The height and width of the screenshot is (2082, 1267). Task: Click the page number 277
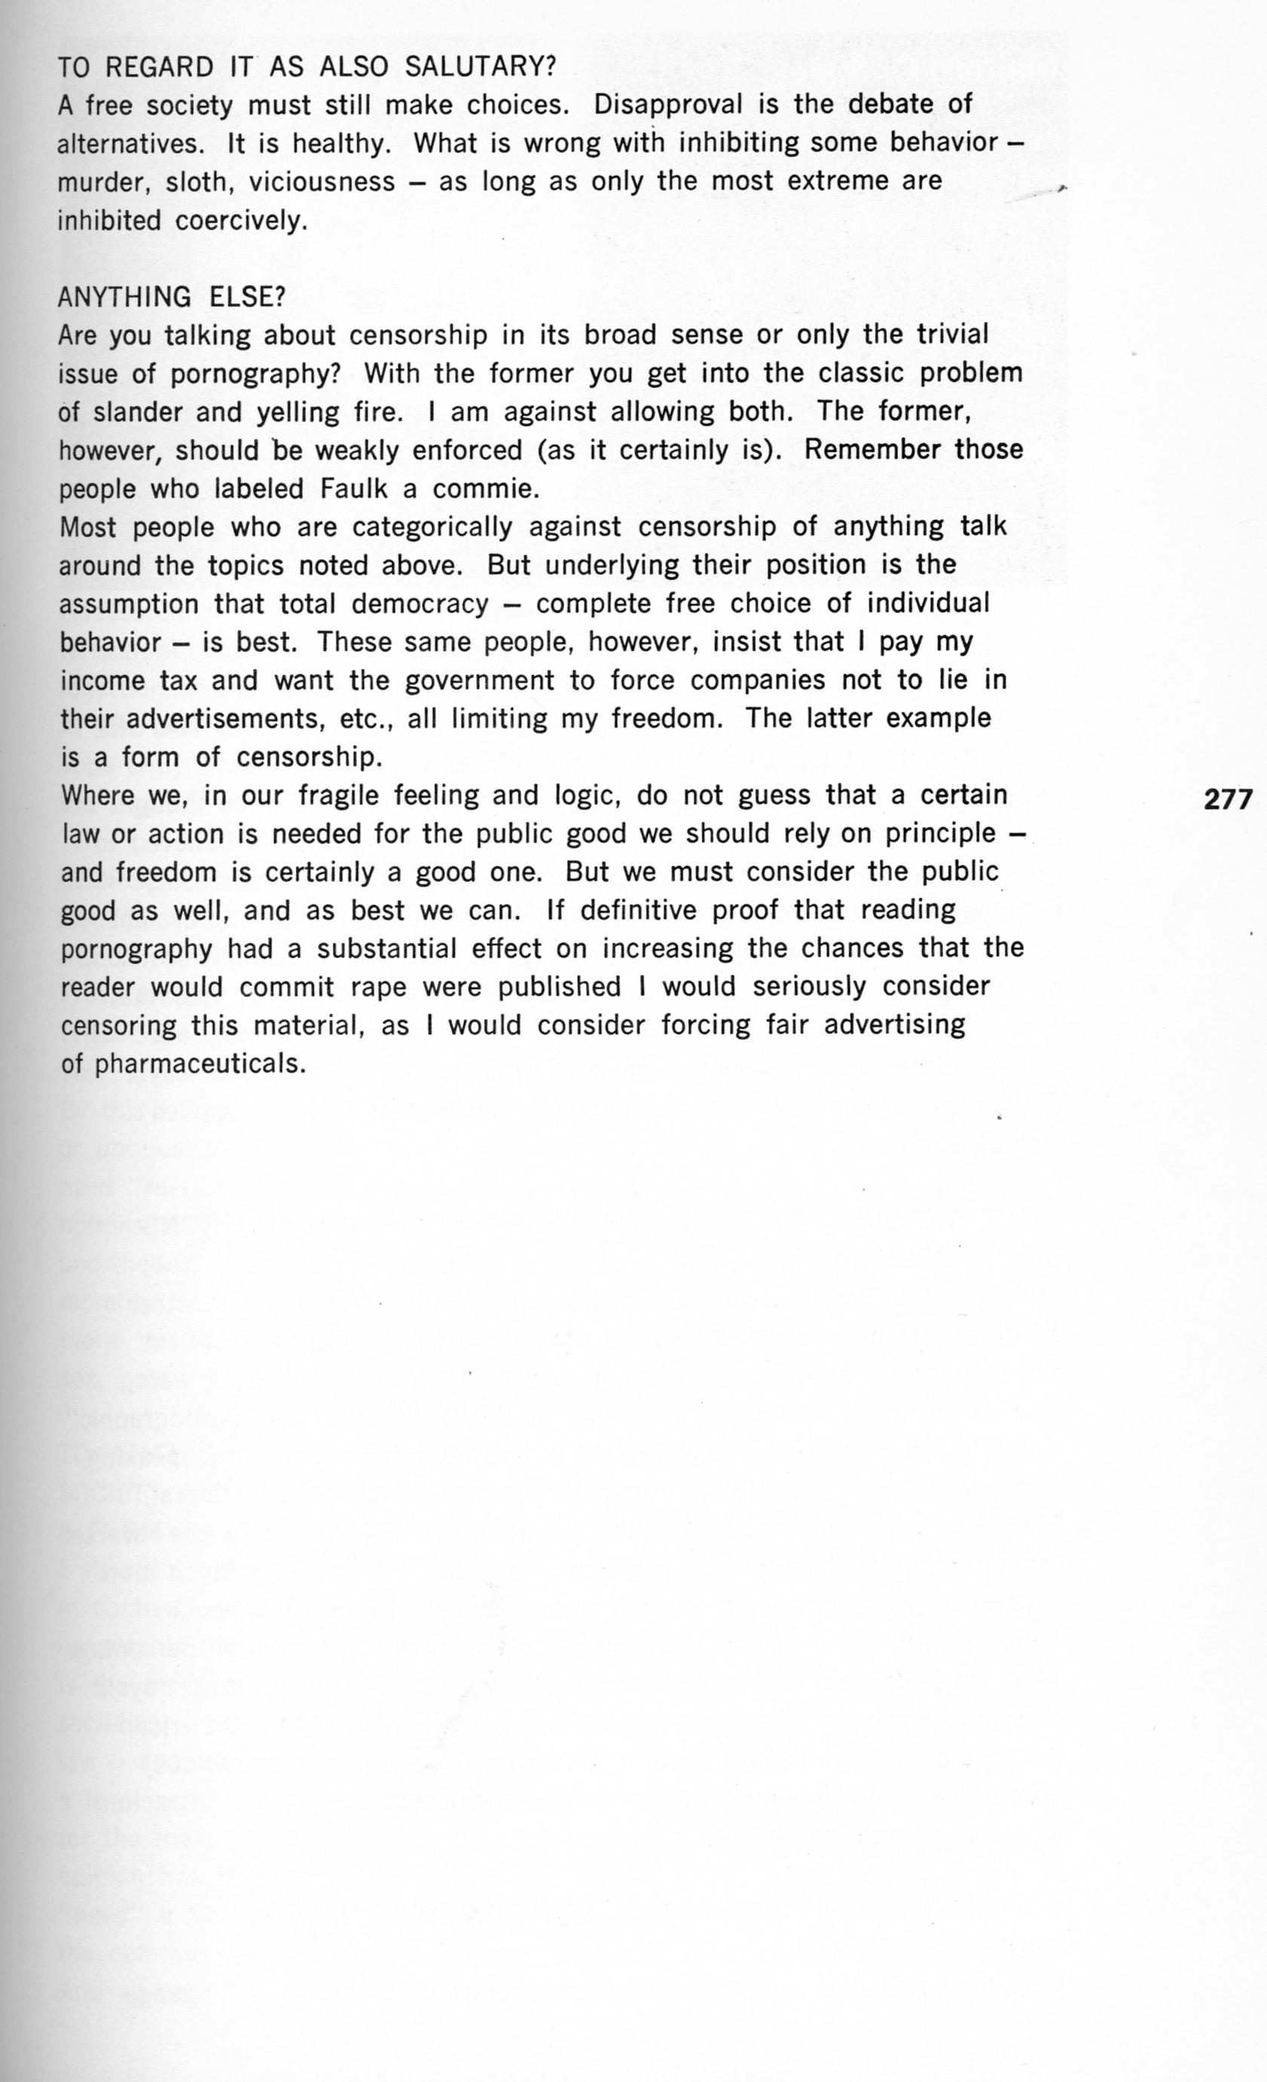tap(1227, 798)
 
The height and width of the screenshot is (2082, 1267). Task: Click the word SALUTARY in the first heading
tap(478, 67)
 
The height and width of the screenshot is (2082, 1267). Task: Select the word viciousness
tap(322, 182)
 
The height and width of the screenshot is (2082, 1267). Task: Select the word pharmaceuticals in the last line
tap(199, 1064)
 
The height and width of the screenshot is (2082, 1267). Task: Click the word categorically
tap(432, 528)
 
